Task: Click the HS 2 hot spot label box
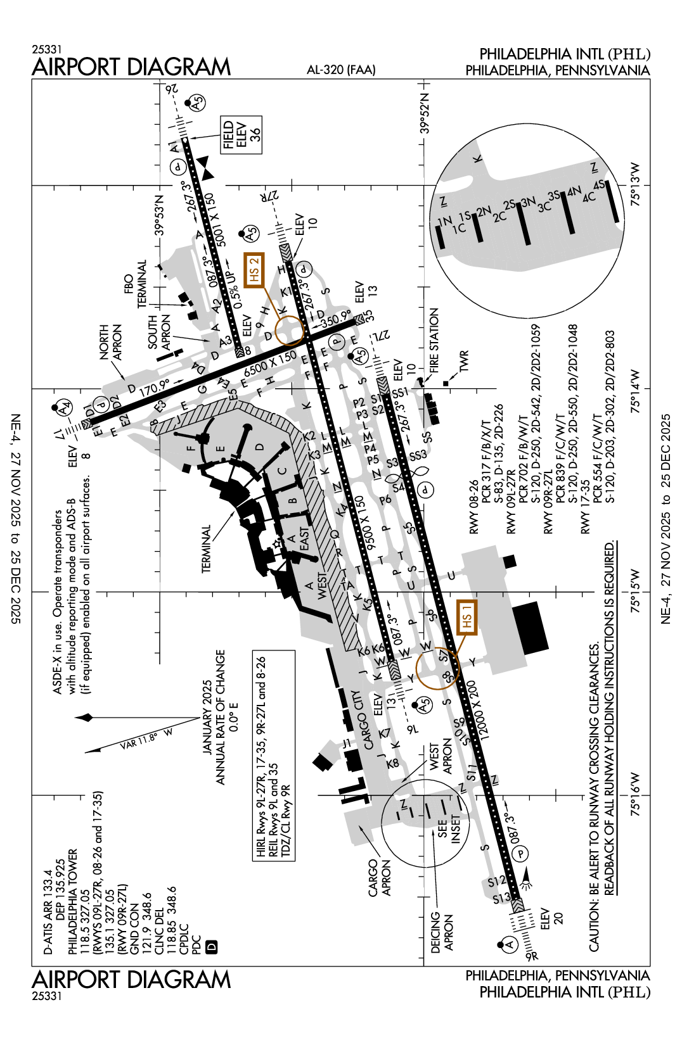(x=254, y=270)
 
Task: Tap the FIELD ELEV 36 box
(x=241, y=135)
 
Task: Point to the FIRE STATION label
(x=434, y=339)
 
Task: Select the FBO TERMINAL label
(x=136, y=284)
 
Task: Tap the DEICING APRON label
(x=442, y=931)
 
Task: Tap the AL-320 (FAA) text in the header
(x=341, y=70)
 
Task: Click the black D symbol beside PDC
(x=212, y=947)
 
